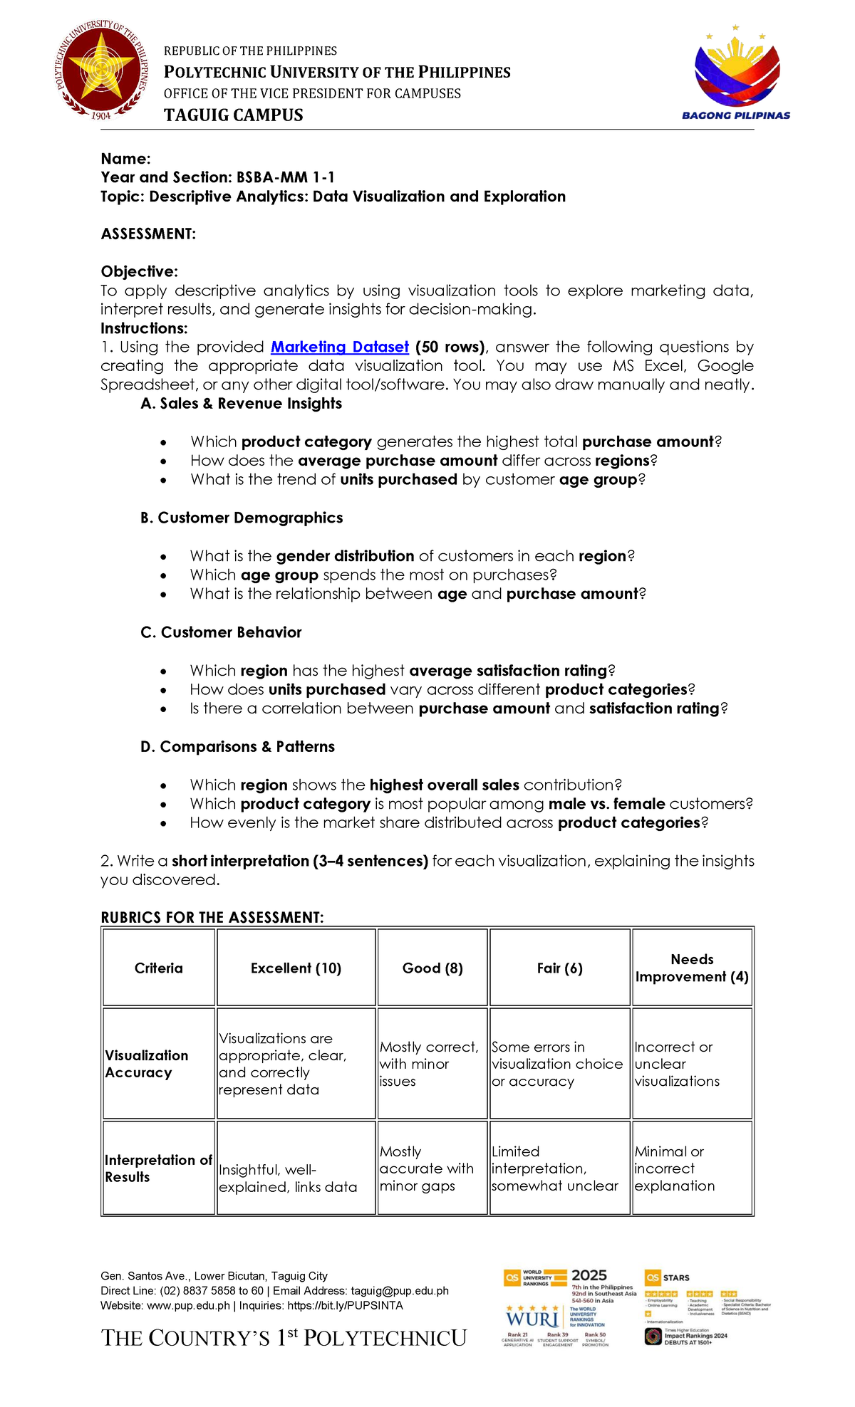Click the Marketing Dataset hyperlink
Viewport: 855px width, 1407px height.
point(340,347)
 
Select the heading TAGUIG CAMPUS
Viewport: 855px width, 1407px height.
point(234,115)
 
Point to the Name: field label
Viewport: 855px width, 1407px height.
point(125,159)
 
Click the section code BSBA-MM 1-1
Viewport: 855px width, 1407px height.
point(286,177)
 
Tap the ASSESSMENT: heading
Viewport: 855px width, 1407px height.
point(148,234)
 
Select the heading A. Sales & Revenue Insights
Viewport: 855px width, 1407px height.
point(241,404)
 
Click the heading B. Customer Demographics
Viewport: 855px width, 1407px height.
point(242,518)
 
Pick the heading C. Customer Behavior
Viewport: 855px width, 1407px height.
point(221,632)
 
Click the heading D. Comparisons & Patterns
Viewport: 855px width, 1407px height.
point(237,746)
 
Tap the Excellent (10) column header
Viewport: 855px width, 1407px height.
point(296,968)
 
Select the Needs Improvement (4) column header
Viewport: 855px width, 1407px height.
point(692,968)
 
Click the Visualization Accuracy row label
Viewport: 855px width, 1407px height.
point(147,1064)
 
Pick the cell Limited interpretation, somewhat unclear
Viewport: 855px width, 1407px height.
point(555,1168)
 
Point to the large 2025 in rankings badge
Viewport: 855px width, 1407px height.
point(589,1275)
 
